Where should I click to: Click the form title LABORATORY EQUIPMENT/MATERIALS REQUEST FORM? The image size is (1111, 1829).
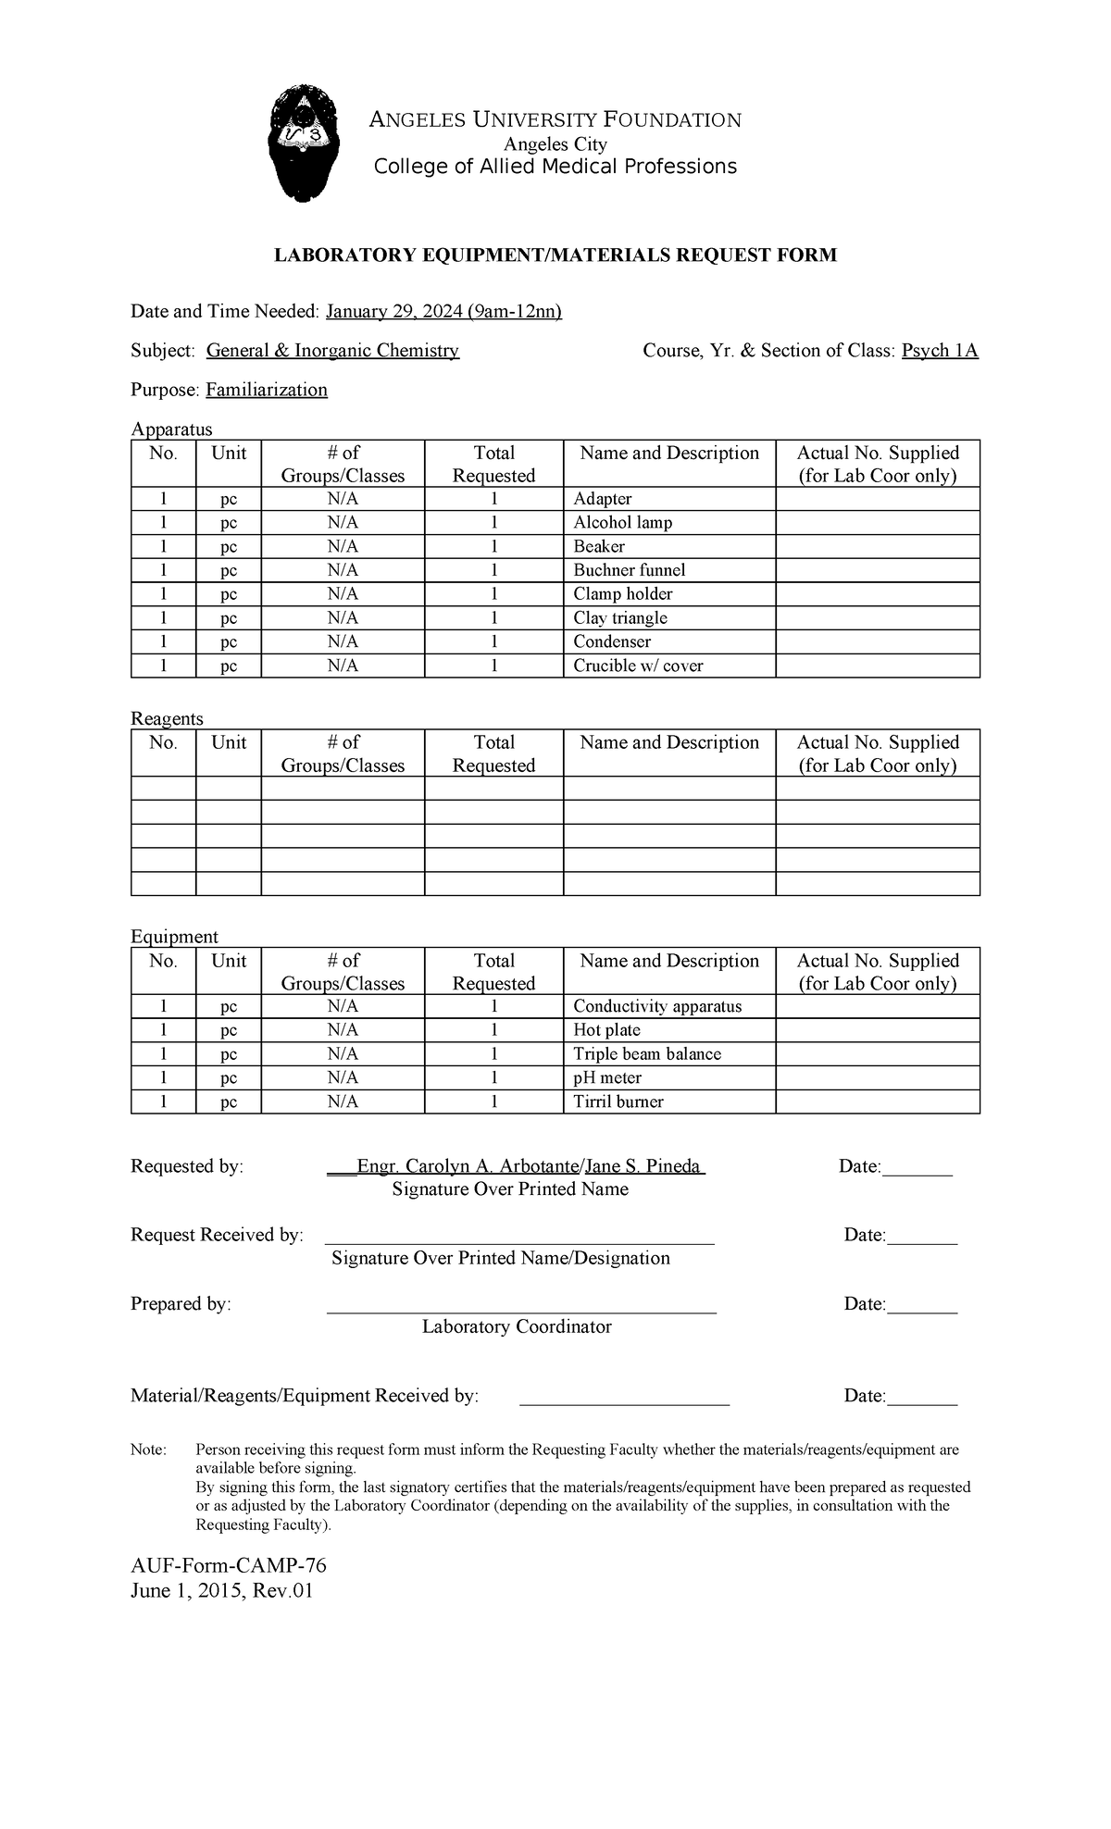(x=555, y=255)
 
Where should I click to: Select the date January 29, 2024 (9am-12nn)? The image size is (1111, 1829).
(x=443, y=311)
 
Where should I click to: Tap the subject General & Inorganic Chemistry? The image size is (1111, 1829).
(x=332, y=351)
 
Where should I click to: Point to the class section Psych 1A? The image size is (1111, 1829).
(x=940, y=351)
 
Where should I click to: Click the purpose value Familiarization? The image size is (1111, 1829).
(x=267, y=390)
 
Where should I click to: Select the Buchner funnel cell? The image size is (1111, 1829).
(x=629, y=570)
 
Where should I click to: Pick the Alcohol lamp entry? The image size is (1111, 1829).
(x=622, y=522)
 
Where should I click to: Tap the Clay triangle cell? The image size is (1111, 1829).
(x=619, y=618)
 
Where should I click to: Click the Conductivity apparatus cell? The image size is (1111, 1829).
(x=656, y=1006)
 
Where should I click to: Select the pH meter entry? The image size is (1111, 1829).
(x=606, y=1077)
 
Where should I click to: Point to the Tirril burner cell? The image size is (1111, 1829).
(x=618, y=1101)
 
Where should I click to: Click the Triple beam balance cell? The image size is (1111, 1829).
(x=646, y=1053)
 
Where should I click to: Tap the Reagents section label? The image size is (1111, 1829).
(x=167, y=718)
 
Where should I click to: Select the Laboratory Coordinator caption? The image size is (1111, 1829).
(x=517, y=1326)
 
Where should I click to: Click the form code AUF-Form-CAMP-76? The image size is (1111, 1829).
(x=229, y=1565)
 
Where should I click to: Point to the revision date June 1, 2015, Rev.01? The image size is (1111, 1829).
(x=221, y=1591)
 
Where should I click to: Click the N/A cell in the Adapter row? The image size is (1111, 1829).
(x=343, y=499)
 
